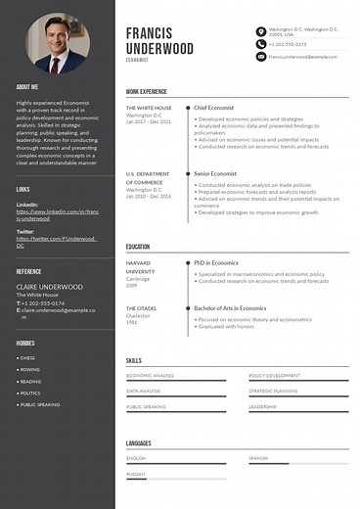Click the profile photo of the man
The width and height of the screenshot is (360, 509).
56,43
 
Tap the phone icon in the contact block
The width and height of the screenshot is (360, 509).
260,44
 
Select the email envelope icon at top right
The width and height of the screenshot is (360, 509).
260,57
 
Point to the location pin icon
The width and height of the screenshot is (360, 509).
260,31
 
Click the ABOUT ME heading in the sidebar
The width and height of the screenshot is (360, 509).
27,87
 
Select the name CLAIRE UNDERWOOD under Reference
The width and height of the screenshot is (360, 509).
49,287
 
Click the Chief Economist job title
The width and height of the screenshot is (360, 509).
212,107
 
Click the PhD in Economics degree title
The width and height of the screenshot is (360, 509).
216,262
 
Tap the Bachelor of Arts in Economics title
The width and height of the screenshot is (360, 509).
230,308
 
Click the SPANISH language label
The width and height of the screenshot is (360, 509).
258,458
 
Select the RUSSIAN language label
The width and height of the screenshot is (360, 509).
136,474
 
